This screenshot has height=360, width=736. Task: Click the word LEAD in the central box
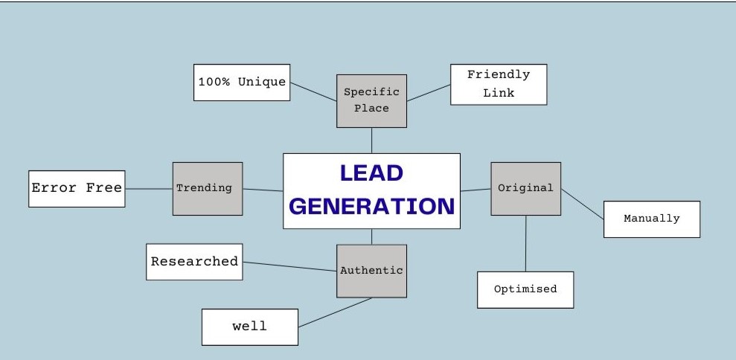coord(371,173)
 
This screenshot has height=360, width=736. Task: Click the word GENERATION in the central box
coord(371,206)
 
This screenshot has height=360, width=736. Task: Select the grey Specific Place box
coord(371,100)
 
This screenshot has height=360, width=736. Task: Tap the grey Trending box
coord(207,188)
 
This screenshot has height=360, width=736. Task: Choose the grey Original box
coord(525,188)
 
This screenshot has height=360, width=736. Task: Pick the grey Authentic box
coord(371,271)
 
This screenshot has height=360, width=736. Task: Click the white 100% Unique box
coord(242,82)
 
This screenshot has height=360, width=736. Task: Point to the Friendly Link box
coord(498,84)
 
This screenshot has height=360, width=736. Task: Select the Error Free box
coord(77,188)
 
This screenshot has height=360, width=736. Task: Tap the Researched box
coord(194,262)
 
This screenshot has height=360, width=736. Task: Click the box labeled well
coord(249,327)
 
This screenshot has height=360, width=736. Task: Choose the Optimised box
coord(525,289)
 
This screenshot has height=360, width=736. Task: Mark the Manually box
coord(651,219)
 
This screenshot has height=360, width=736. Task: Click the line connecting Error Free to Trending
coord(149,188)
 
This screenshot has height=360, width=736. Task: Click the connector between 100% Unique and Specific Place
coord(313,91)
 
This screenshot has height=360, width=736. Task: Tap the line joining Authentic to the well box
coord(335,312)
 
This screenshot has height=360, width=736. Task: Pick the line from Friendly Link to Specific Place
coord(429,93)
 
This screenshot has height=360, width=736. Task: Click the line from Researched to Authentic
coord(290,266)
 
